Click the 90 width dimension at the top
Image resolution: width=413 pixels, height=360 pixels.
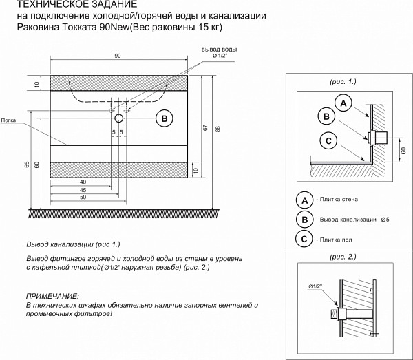118,56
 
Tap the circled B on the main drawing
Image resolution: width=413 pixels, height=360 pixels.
164,118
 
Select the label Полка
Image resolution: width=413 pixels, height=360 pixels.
8,120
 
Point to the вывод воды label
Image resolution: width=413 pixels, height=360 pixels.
219,50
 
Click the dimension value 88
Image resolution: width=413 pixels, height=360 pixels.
216,129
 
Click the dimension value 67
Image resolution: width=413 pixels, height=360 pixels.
204,127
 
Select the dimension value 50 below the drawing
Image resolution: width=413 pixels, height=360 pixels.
83,198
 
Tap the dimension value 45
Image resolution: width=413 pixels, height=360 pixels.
83,190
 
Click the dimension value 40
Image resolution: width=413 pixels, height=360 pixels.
83,182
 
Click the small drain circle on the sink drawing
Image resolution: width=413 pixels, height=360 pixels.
118,118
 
